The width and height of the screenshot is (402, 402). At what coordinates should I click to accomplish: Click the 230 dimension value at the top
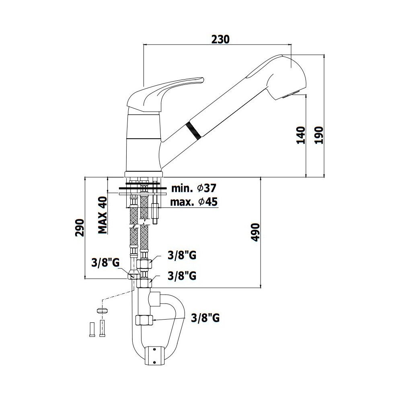(x=220, y=39)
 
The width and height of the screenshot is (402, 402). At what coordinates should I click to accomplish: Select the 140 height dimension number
(x=301, y=135)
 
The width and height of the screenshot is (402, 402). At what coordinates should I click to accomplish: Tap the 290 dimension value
(x=80, y=228)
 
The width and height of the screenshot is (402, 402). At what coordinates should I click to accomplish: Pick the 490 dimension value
(x=255, y=232)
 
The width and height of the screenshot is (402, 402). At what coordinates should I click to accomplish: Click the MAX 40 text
(x=103, y=215)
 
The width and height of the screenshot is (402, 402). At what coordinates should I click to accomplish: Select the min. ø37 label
(x=194, y=189)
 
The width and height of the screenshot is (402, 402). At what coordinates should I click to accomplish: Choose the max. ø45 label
(x=194, y=202)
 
